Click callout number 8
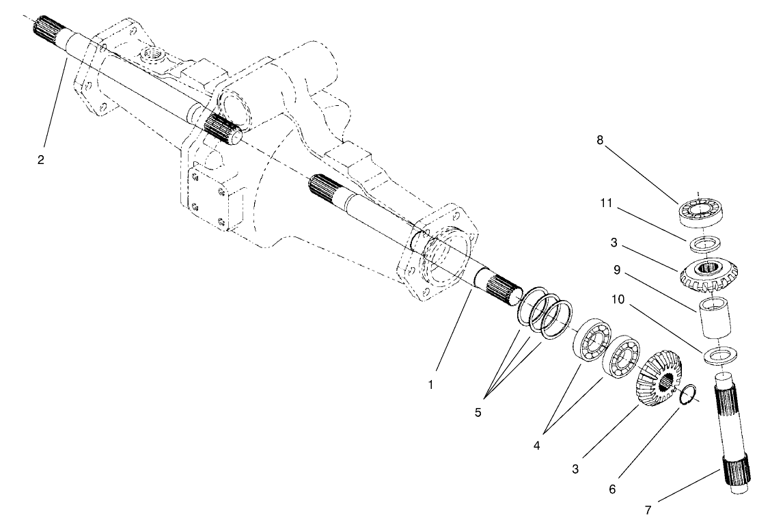[x=600, y=140]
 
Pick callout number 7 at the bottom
[x=648, y=508]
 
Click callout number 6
[x=612, y=489]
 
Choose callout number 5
[x=478, y=413]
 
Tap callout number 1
[x=430, y=385]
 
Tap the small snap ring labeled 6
[x=689, y=394]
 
